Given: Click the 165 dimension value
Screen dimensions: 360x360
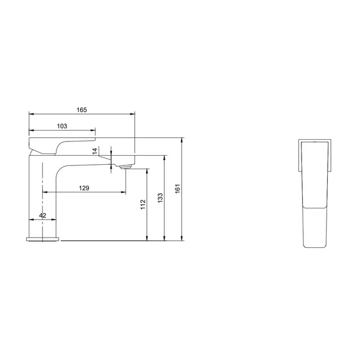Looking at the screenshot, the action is [x=82, y=110].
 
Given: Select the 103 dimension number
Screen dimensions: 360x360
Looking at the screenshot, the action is [x=62, y=126].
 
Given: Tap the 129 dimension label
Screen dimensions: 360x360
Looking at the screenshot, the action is [x=84, y=188].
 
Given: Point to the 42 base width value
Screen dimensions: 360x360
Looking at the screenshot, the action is [x=43, y=216].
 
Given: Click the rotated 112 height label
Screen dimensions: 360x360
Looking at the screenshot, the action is [x=143, y=204].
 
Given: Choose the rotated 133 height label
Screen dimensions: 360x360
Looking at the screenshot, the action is [x=160, y=198].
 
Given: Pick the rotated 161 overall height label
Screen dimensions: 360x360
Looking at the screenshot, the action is [x=178, y=189].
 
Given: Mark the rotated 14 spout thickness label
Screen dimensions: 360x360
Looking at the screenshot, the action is [x=95, y=151].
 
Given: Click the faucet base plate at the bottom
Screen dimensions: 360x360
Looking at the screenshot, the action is [x=43, y=239].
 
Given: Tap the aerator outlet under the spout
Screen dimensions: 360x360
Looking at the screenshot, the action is [x=125, y=167].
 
